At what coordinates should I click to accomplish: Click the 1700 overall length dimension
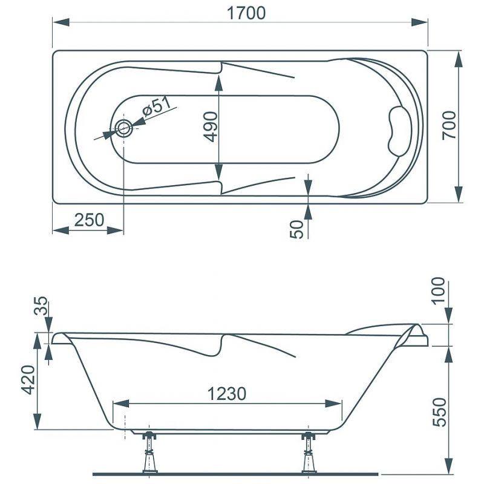(x=246, y=13)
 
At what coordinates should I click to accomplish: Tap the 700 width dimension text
(x=449, y=125)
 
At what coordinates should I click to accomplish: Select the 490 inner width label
(x=211, y=127)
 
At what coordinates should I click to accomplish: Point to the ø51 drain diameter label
(x=157, y=106)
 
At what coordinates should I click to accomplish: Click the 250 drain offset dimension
(x=89, y=220)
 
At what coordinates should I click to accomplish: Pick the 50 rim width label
(x=297, y=229)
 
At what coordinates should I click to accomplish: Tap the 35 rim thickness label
(x=41, y=306)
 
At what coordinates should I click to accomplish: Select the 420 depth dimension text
(x=28, y=380)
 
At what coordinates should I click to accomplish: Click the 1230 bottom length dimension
(x=227, y=394)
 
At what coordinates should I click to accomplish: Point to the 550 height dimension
(x=440, y=412)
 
